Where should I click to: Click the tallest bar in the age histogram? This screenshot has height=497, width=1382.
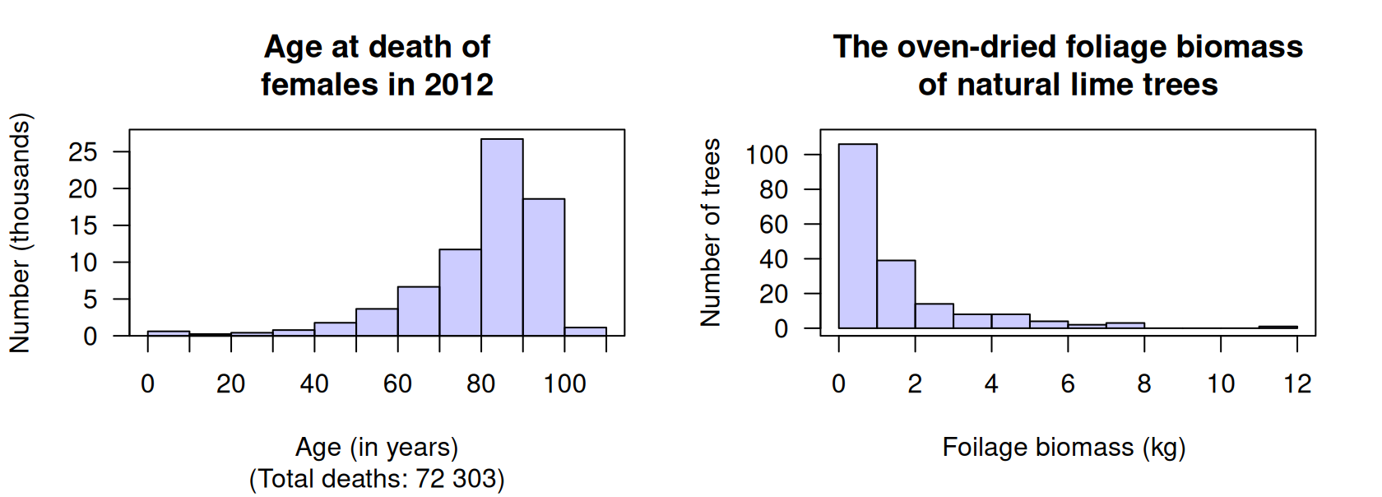[x=502, y=239]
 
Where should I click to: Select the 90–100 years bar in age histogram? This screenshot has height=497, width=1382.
[x=544, y=267]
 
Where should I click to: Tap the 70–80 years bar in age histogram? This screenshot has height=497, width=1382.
[x=460, y=293]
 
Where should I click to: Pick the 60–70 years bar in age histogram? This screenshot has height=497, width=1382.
[x=419, y=312]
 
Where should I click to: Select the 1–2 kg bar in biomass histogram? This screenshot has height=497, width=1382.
[x=896, y=295]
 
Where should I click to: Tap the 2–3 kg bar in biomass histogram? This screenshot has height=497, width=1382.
[x=934, y=316]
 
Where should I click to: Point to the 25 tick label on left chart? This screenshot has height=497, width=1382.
[x=83, y=152]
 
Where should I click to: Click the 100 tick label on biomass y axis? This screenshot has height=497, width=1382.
[x=766, y=155]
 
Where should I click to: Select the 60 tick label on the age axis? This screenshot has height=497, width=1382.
[x=397, y=383]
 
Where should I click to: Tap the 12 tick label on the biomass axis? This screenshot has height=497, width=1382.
[x=1297, y=383]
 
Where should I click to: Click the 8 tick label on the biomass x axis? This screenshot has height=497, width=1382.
[x=1144, y=383]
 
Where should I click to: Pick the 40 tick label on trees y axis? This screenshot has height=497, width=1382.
[x=773, y=259]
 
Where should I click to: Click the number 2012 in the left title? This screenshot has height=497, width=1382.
[x=459, y=84]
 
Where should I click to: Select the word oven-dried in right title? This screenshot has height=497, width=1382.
[x=976, y=47]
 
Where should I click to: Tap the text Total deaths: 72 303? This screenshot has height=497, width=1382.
[x=377, y=478]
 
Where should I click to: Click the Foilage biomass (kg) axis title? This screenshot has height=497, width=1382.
[x=1064, y=447]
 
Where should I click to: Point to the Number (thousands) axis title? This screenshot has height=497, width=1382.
[x=20, y=233]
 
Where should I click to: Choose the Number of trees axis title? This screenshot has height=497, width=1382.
[x=710, y=233]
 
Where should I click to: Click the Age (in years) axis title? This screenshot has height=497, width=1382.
[x=377, y=447]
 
